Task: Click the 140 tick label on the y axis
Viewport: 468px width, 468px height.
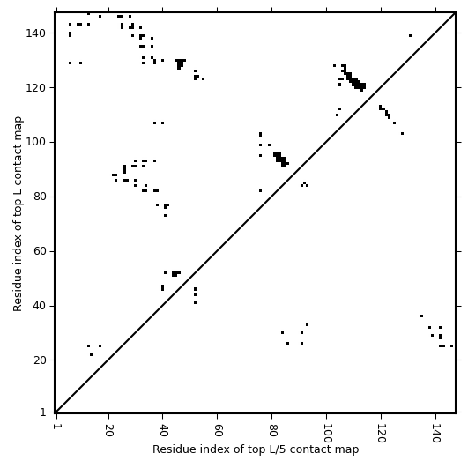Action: coord(35,33)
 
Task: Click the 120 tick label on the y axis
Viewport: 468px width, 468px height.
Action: coord(35,88)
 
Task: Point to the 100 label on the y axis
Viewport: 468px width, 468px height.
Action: coord(35,143)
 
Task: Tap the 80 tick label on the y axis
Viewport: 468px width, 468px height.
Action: coord(39,197)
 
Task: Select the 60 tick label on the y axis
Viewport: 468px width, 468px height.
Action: coord(39,251)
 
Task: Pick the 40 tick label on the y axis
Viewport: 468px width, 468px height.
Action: coord(39,306)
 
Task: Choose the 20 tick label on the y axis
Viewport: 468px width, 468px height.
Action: coord(39,360)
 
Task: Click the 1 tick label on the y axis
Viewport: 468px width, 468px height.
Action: coord(43,412)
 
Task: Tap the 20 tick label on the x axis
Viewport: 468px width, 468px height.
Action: coord(109,430)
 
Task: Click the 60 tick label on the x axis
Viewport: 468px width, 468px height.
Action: coord(218,430)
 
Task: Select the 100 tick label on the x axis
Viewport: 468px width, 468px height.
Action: coord(327,434)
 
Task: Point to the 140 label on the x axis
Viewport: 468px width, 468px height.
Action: coord(436,434)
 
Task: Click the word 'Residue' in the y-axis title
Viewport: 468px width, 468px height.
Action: coord(18,292)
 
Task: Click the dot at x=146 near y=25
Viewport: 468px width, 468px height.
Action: coord(451,345)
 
